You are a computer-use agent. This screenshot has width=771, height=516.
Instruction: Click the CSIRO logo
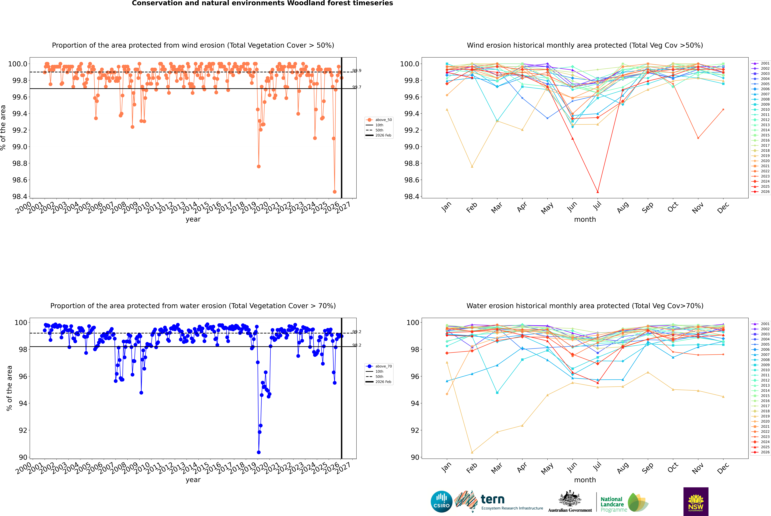441,502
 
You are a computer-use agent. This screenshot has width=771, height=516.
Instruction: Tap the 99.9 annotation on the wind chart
357,70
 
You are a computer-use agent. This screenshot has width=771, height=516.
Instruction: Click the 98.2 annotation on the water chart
357,345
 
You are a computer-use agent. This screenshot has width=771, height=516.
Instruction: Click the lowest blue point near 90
259,452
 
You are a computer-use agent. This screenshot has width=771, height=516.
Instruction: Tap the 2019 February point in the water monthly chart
472,452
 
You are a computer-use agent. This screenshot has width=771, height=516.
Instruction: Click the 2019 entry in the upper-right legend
765,156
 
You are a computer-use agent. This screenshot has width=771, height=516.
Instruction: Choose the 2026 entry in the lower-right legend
765,452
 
